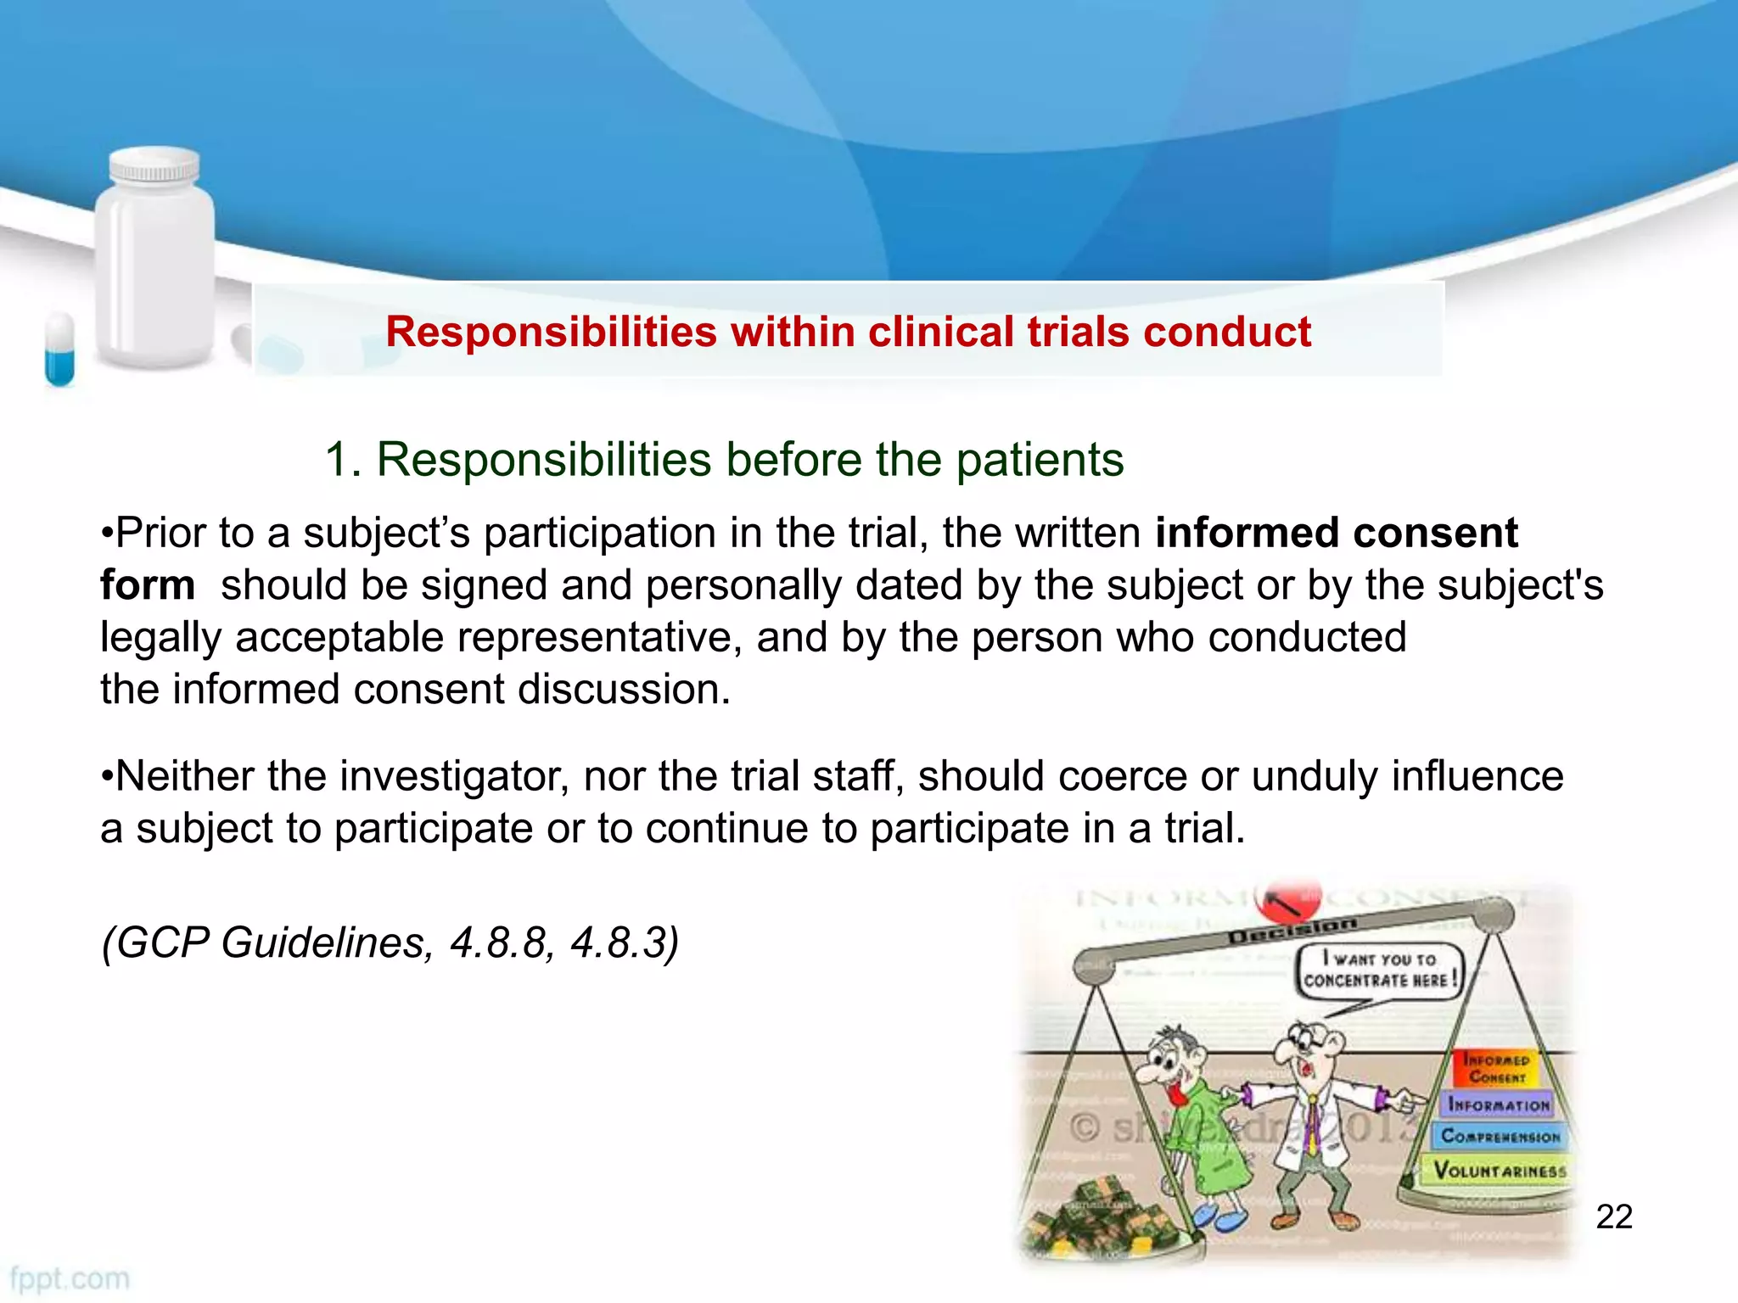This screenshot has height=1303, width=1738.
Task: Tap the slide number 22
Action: tap(1613, 1216)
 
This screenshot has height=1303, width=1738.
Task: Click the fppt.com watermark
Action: tap(70, 1278)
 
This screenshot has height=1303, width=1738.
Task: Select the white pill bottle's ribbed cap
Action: tap(154, 165)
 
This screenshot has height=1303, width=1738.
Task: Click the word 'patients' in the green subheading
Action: tap(1040, 460)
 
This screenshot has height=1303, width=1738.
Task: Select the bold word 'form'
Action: tap(147, 585)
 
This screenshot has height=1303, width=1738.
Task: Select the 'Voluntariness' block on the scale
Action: tap(1499, 1171)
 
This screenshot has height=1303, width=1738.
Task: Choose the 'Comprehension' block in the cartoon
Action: tap(1500, 1136)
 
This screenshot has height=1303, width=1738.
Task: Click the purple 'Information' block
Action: tap(1498, 1104)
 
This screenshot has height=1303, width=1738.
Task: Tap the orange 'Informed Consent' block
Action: tap(1496, 1068)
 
